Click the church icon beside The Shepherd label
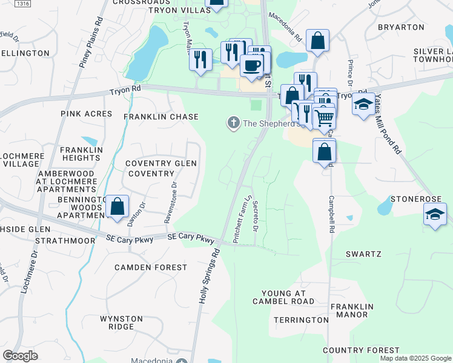[x=233, y=123]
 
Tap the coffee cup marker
[x=252, y=65]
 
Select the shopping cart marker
[x=325, y=118]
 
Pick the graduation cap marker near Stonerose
[x=435, y=215]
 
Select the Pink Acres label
[x=87, y=114]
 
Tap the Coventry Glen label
[x=160, y=163]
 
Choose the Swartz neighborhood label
[x=363, y=254]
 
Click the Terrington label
[x=300, y=319]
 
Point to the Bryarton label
[x=401, y=27]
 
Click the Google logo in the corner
[x=20, y=356]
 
